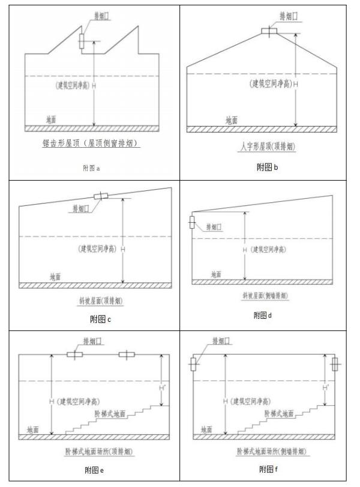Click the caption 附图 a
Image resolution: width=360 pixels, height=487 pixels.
click(x=91, y=168)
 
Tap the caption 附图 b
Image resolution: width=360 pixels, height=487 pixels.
click(x=267, y=167)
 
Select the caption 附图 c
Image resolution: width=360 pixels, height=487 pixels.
click(x=100, y=319)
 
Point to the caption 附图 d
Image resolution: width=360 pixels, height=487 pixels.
click(x=263, y=315)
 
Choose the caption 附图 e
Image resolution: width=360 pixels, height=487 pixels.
click(x=94, y=470)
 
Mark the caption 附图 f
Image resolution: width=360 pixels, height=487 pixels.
click(x=268, y=469)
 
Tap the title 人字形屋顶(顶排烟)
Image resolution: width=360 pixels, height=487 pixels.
click(x=268, y=147)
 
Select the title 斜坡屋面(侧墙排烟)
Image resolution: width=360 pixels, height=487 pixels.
click(x=265, y=295)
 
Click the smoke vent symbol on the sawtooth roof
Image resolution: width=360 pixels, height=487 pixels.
click(x=82, y=41)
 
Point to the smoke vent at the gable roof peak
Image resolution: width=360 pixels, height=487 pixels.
click(x=269, y=31)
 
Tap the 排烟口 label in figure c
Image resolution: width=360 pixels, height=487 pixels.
click(x=81, y=208)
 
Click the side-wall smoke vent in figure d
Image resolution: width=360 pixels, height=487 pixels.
click(x=192, y=222)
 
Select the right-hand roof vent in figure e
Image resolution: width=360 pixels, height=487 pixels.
click(x=127, y=354)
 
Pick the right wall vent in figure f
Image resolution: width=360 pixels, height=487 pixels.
click(x=335, y=364)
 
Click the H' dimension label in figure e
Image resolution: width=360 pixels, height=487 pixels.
click(x=161, y=387)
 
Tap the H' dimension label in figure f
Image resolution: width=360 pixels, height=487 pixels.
click(x=326, y=387)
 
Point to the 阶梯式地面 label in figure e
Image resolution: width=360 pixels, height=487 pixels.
click(x=110, y=414)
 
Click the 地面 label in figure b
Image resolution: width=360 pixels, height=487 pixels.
click(x=232, y=120)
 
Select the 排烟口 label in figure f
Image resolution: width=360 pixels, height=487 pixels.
click(x=221, y=341)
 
